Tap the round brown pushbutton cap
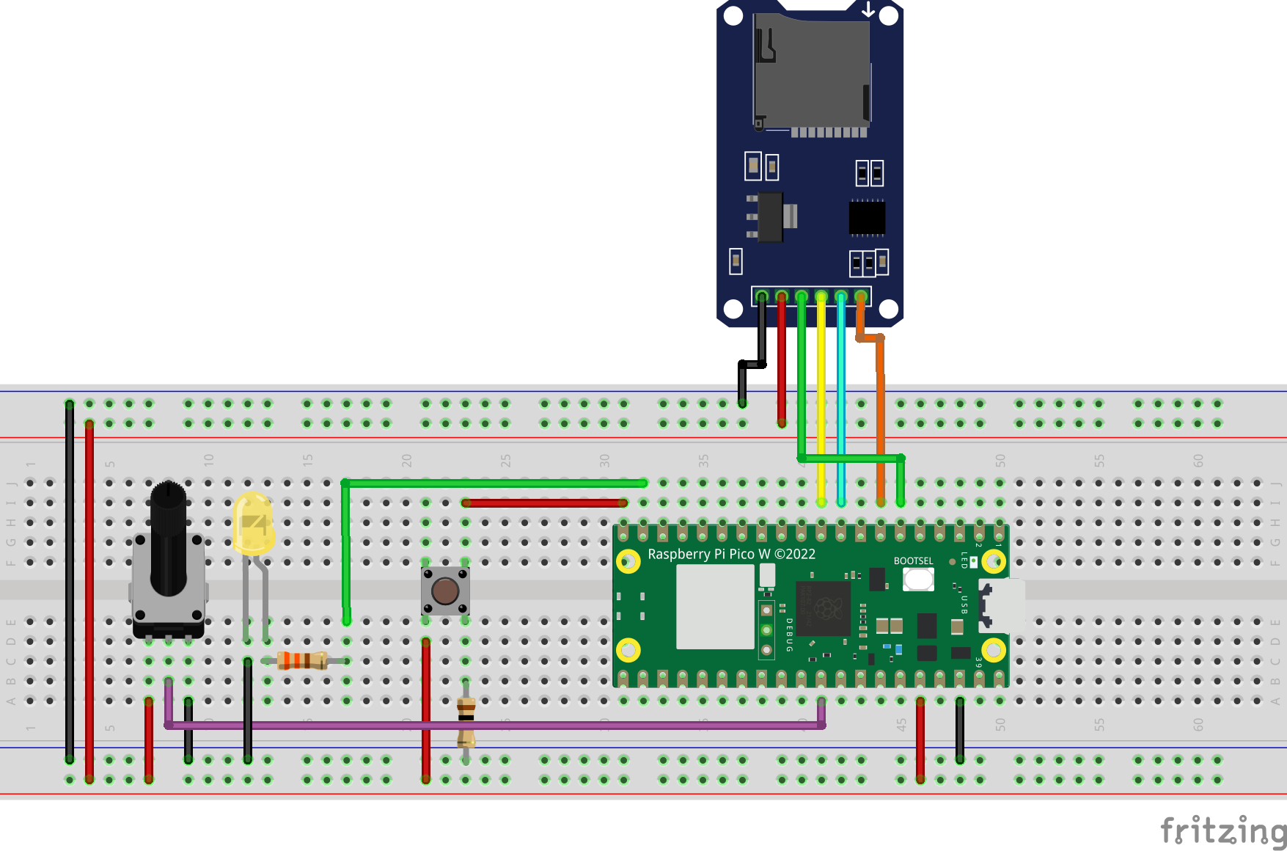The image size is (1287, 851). pyautogui.click(x=445, y=591)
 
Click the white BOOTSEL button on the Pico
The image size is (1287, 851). pyautogui.click(x=918, y=580)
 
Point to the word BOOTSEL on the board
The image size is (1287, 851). pyautogui.click(x=913, y=561)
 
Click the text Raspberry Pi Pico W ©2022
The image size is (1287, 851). pyautogui.click(x=731, y=555)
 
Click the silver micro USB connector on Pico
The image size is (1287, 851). pyautogui.click(x=1003, y=605)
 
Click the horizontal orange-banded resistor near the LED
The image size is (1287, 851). pyautogui.click(x=302, y=661)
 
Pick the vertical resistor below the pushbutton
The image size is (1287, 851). pyautogui.click(x=466, y=723)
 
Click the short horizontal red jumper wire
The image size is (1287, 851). pyautogui.click(x=544, y=503)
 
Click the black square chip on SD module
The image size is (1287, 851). pyautogui.click(x=867, y=218)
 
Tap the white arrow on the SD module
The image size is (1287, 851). pyautogui.click(x=868, y=10)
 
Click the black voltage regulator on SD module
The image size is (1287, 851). pyautogui.click(x=770, y=217)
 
